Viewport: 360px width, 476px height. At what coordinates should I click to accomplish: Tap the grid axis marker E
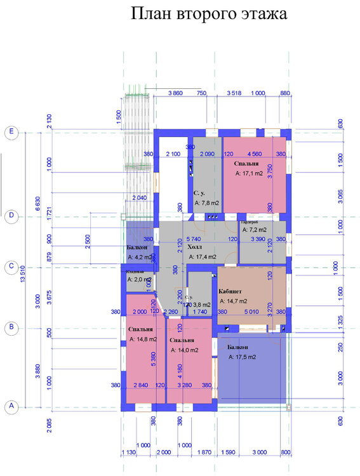[11, 132]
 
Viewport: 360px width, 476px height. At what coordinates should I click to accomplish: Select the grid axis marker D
[11, 216]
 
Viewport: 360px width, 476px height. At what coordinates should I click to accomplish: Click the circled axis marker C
[11, 267]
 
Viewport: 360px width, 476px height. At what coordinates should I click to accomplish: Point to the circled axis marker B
[11, 327]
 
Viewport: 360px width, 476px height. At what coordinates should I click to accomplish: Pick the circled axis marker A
[11, 407]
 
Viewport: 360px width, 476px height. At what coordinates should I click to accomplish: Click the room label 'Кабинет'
[230, 289]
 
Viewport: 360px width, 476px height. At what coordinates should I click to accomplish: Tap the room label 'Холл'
[195, 247]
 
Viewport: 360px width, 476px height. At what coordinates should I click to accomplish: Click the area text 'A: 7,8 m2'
[207, 203]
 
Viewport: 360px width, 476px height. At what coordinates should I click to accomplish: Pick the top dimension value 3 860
[175, 93]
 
